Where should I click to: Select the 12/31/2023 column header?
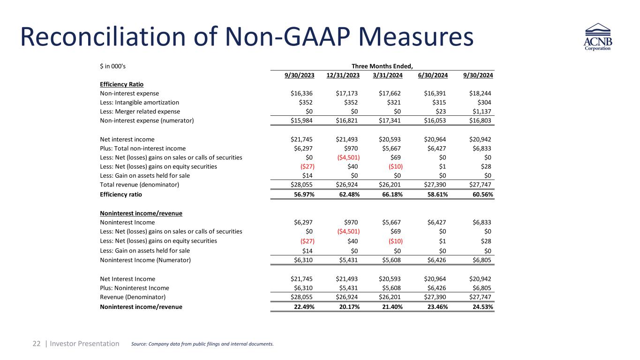[x=344, y=75]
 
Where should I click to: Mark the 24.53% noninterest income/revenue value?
[x=482, y=307]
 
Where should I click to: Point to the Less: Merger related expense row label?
[x=140, y=111]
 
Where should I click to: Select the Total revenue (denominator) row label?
[x=140, y=185]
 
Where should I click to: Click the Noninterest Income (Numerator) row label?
[x=145, y=260]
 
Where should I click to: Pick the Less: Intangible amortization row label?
[x=139, y=102]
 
